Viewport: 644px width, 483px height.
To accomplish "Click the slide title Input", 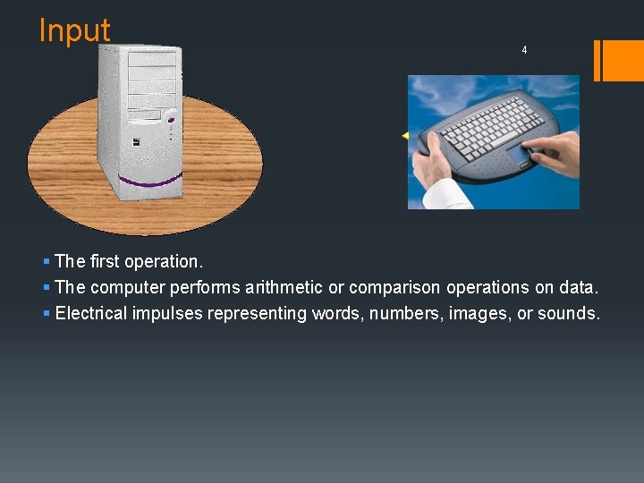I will pyautogui.click(x=74, y=30).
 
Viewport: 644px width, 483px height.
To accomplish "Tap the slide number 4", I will pyautogui.click(x=524, y=50).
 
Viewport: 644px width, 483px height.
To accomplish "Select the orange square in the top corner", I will pyautogui.click(x=623, y=60).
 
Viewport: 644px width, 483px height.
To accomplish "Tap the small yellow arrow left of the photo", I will pyautogui.click(x=404, y=135).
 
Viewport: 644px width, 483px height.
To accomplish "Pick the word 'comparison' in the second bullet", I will pyautogui.click(x=391, y=287).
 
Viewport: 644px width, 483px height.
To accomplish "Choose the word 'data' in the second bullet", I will pyautogui.click(x=579, y=287).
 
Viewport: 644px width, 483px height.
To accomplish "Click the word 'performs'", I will pyautogui.click(x=211, y=287).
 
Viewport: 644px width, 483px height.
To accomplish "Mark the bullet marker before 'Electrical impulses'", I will pyautogui.click(x=46, y=313).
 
